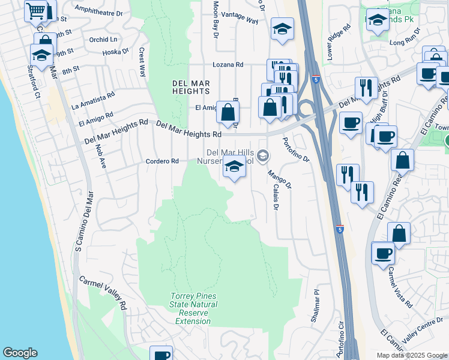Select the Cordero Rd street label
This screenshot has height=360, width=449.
[x=163, y=161]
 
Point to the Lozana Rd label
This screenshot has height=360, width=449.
[x=228, y=64]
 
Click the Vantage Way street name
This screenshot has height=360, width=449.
[x=240, y=21]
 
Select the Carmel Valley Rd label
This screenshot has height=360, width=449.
[x=103, y=293]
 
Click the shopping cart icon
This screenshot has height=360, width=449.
[x=36, y=10]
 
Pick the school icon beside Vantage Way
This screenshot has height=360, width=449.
[x=282, y=28]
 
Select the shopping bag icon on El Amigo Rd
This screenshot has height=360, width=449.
[x=228, y=112]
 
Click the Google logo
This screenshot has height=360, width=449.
[x=20, y=353]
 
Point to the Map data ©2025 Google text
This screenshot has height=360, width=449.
[x=411, y=355]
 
